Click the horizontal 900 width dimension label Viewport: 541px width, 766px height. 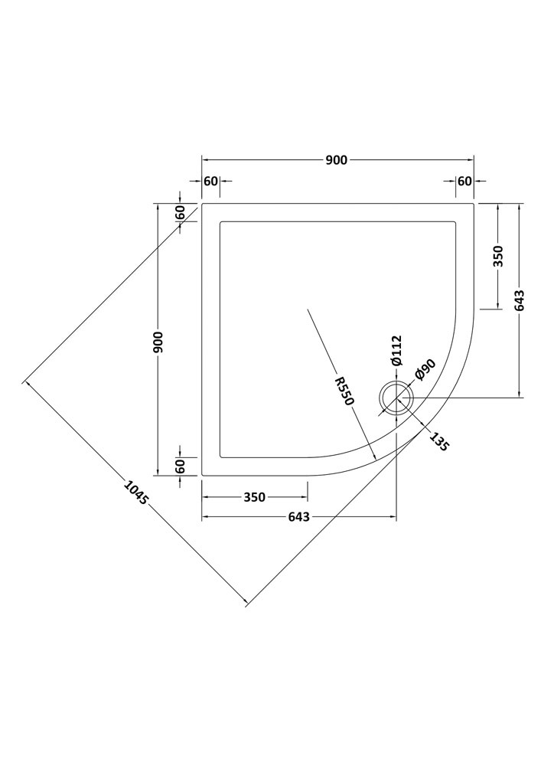[336, 160]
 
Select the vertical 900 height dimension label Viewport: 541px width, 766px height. [160, 342]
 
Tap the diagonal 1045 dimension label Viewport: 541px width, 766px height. [135, 493]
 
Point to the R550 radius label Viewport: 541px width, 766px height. [344, 391]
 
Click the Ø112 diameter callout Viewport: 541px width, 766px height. [396, 351]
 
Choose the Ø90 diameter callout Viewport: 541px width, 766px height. [425, 369]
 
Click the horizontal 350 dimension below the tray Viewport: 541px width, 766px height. [255, 497]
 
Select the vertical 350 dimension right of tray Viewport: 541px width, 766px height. [498, 256]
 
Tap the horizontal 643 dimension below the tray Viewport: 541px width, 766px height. [298, 517]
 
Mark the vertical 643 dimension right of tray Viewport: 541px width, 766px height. [519, 300]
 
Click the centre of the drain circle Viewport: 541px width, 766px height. [396, 398]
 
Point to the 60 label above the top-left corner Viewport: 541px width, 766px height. [210, 182]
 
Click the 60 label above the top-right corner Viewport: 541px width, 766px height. [465, 182]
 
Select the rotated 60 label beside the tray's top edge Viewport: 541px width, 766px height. [180, 212]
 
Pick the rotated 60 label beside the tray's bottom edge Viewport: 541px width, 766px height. [180, 466]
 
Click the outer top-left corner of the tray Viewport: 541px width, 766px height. [202, 203]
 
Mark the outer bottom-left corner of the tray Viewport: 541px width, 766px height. [202, 475]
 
